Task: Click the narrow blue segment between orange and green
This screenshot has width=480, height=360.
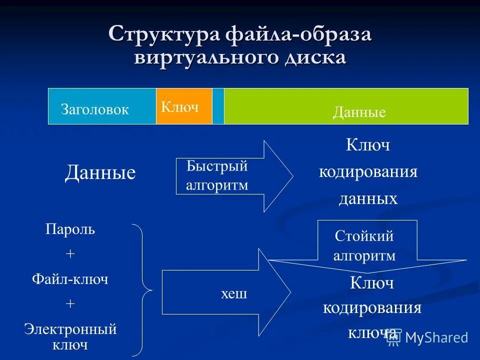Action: pos(218,106)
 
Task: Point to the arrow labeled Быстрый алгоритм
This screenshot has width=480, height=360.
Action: pos(230,176)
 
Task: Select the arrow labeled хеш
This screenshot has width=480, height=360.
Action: pos(225,293)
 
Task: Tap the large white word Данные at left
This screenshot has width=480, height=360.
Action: pos(100,173)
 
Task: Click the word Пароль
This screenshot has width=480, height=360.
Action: pos(70,229)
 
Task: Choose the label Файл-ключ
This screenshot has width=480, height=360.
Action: pos(70,279)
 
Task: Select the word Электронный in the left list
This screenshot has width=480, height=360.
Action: pos(70,329)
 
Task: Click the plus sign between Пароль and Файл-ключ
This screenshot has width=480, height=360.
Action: pos(70,254)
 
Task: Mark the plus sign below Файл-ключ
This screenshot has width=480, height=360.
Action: pos(70,304)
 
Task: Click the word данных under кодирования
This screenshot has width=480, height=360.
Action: pos(368,199)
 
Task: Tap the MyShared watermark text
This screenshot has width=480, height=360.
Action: pos(436,337)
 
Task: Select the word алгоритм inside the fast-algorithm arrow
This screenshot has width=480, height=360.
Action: pos(217,185)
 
